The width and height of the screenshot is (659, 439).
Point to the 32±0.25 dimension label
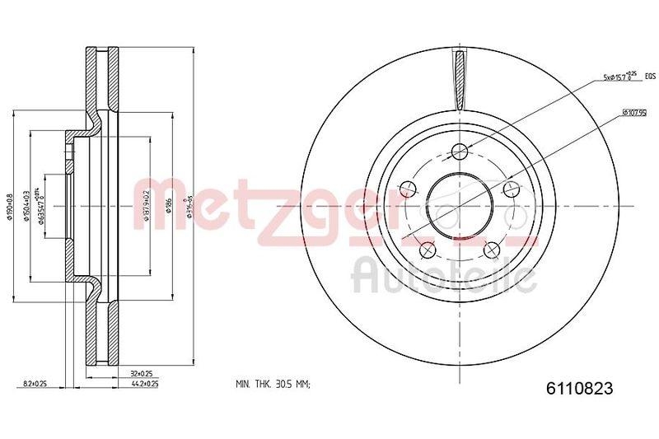pyautogui.click(x=141, y=373)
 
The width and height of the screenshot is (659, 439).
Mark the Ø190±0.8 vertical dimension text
pyautogui.click(x=11, y=205)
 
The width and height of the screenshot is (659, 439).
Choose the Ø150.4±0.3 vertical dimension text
pyautogui.click(x=28, y=205)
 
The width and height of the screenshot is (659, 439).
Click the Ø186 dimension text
pyautogui.click(x=168, y=205)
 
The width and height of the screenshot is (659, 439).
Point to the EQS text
pyautogui.click(x=649, y=77)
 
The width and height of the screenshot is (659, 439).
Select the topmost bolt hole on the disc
pyautogui.click(x=460, y=151)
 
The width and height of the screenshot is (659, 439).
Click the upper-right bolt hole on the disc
pyautogui.click(x=512, y=189)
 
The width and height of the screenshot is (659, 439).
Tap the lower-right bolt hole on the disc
pyautogui.click(x=492, y=250)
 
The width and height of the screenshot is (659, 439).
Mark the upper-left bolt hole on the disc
pyautogui.click(x=407, y=189)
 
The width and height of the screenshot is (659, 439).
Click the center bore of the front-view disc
pyautogui.click(x=460, y=205)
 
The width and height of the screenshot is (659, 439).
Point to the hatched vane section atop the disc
pyautogui.click(x=460, y=78)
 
